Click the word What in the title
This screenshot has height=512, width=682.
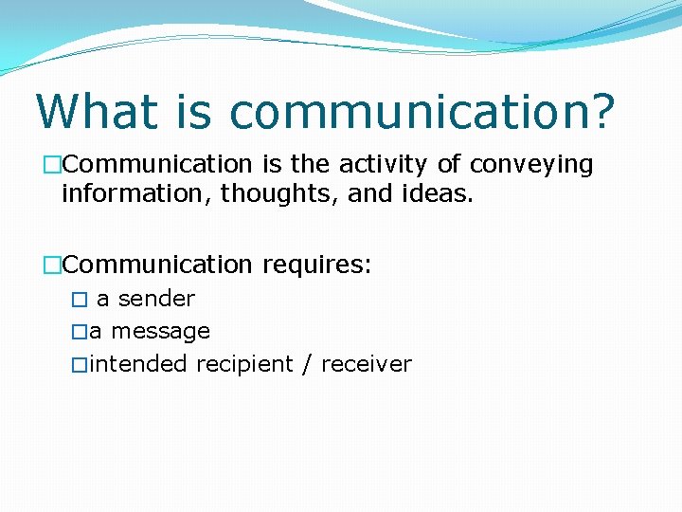(94, 111)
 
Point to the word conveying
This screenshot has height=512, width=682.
(530, 165)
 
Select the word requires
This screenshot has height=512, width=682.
(316, 264)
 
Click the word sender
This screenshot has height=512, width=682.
(156, 299)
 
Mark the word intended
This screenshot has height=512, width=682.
(139, 364)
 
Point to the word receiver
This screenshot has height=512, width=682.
(367, 364)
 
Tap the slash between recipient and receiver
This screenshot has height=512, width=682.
(307, 364)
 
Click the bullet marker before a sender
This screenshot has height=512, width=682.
(80, 300)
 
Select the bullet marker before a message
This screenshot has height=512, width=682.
(80, 332)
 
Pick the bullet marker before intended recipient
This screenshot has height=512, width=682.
(80, 364)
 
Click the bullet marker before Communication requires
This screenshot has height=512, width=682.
(52, 265)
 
